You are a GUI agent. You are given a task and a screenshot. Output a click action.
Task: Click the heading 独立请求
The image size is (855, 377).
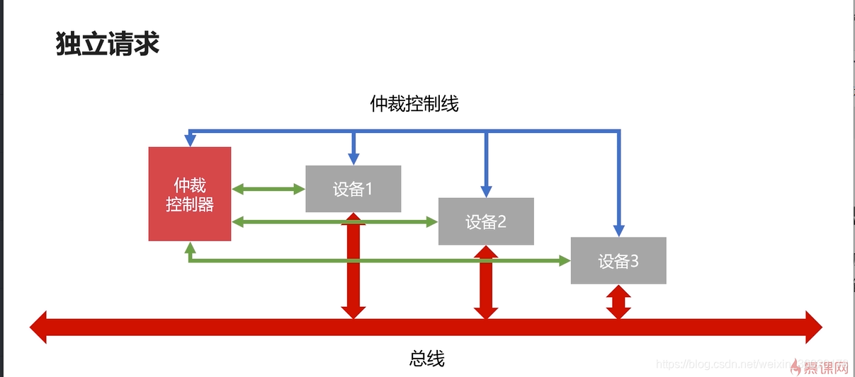108,44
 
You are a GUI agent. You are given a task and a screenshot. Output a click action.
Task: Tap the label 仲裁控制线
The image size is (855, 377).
414,104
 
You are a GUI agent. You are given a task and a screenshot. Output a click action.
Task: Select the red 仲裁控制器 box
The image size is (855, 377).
190,194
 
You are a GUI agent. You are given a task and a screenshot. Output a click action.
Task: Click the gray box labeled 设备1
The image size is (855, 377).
353,189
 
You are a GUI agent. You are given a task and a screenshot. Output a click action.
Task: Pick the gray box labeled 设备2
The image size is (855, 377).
486,221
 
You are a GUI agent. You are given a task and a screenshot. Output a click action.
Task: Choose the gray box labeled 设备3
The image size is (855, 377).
618,261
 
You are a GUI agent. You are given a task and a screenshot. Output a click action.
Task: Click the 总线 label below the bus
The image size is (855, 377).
427,359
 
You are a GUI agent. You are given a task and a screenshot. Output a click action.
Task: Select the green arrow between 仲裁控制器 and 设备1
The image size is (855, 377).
268,189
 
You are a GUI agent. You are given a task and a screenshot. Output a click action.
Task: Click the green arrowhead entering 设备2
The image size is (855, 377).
432,222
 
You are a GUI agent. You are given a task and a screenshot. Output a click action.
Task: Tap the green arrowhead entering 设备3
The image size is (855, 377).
565,261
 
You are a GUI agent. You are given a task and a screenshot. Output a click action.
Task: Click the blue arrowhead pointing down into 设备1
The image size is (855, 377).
353,159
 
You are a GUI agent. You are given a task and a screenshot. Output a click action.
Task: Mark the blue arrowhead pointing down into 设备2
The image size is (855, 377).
486,191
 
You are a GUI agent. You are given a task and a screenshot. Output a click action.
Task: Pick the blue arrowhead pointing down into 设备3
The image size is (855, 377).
618,231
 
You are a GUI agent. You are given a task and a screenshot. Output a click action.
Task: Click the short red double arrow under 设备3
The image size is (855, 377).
618,301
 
